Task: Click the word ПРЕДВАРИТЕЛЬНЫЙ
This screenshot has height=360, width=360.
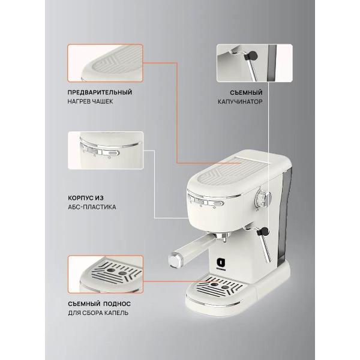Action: click(x=100, y=92)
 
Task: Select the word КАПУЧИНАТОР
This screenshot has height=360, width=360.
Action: click(x=240, y=102)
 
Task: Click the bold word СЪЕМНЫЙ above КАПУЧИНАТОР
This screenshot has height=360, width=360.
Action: click(x=246, y=92)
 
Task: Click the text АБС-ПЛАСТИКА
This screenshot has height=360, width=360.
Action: click(x=92, y=207)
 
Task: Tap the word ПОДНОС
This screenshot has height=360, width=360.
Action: click(x=117, y=304)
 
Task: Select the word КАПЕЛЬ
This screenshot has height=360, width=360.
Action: click(x=116, y=313)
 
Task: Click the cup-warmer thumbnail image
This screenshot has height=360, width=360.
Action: click(x=105, y=63)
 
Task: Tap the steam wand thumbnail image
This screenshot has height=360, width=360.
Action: click(x=254, y=63)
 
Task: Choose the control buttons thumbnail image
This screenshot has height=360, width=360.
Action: click(x=106, y=151)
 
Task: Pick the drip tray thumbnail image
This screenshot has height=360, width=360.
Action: click(x=106, y=274)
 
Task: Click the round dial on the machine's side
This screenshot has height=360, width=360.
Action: click(x=263, y=198)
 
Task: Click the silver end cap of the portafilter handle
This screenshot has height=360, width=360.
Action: click(x=175, y=260)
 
